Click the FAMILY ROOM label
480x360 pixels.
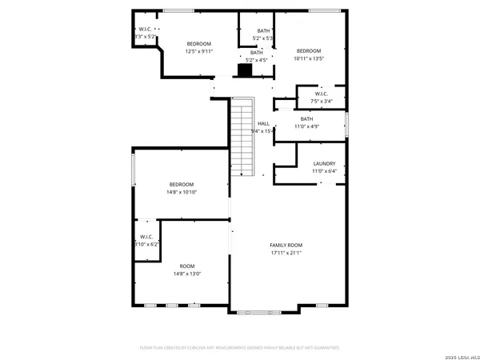(x=286, y=245)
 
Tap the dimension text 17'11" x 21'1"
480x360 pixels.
(x=286, y=253)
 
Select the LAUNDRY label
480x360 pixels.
(x=324, y=163)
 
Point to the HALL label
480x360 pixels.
(x=262, y=123)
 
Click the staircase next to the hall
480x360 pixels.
(x=242, y=136)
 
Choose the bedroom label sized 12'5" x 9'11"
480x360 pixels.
(x=199, y=43)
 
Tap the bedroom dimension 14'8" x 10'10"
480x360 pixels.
(x=182, y=192)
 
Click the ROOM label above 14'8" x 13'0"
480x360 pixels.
(x=186, y=266)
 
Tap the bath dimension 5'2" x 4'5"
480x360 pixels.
(x=256, y=59)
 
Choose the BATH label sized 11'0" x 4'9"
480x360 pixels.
(x=307, y=119)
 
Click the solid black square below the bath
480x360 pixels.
(x=245, y=70)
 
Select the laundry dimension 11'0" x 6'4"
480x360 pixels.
(x=324, y=170)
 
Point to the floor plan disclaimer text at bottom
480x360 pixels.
(x=240, y=348)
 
